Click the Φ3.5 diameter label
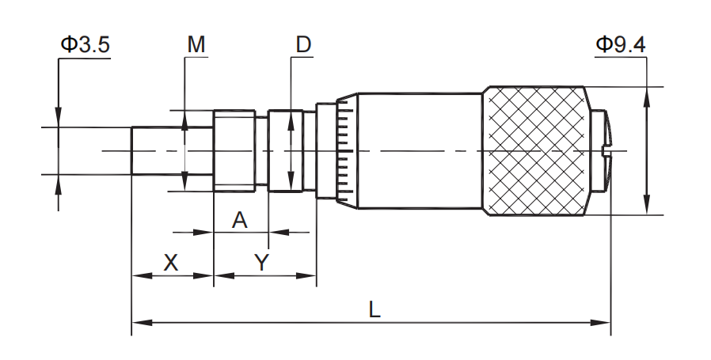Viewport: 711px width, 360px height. pos(84,45)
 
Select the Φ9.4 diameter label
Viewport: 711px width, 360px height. pos(620,45)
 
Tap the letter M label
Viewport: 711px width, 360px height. pos(196,45)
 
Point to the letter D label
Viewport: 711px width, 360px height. pos(303,45)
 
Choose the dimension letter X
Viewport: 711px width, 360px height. pos(170,263)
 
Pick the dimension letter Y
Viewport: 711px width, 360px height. pos(262,263)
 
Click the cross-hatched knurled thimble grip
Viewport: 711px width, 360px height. pos(537,150)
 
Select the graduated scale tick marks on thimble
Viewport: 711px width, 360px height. pos(344,150)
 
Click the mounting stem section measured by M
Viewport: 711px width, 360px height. pos(234,150)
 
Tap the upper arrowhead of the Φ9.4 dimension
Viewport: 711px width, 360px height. pos(647,93)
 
